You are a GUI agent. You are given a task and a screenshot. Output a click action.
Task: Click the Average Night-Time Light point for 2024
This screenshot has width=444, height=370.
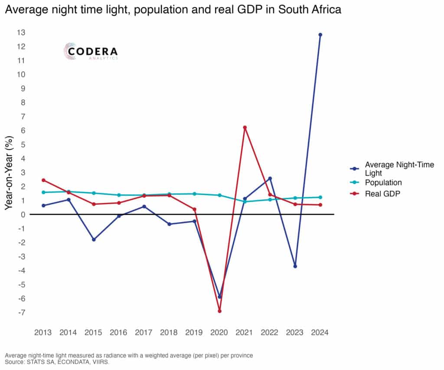(320, 35)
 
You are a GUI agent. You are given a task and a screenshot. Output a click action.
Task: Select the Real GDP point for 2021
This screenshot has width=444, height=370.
(245, 128)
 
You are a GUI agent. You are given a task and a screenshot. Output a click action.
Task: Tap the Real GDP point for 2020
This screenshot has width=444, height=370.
(220, 311)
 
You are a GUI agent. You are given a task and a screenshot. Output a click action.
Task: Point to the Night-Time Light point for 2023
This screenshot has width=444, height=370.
(295, 266)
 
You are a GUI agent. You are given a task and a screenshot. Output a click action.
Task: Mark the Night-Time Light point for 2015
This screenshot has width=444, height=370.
(94, 239)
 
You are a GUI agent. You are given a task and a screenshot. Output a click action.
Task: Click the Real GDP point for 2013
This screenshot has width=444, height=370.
(43, 180)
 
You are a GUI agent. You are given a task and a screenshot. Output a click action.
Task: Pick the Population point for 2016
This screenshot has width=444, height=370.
(119, 195)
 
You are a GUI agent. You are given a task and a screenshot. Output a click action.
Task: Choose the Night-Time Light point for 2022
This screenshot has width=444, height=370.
(270, 178)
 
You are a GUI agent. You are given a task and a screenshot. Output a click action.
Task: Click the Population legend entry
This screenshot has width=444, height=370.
(383, 183)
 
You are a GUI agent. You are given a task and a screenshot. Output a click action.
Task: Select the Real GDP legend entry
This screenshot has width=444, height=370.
(382, 194)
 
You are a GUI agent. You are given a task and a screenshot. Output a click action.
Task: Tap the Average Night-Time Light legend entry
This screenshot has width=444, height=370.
(399, 168)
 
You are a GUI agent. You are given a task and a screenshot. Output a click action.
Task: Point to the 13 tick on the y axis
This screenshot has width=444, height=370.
(21, 33)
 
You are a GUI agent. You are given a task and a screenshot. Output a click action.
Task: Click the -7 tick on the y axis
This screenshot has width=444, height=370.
(21, 312)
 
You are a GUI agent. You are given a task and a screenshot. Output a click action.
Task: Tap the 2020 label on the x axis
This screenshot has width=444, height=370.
(219, 333)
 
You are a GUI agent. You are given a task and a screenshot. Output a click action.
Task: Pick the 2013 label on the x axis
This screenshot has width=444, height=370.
(43, 333)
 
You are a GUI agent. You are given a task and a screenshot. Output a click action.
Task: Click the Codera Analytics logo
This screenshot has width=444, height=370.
(91, 52)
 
